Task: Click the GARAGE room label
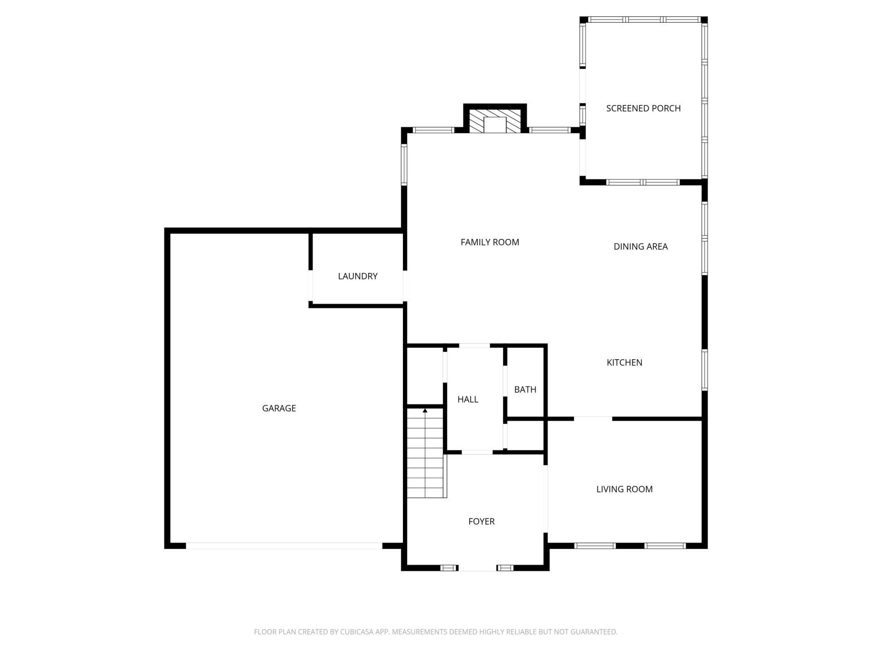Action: tap(279, 408)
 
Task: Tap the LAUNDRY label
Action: tap(357, 276)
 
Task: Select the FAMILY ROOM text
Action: tap(490, 242)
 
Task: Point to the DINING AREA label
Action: tap(640, 247)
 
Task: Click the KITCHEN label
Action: tap(624, 362)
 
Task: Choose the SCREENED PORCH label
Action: tap(643, 108)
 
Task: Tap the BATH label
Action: tap(525, 389)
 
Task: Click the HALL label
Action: tap(467, 399)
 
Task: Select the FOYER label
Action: tap(481, 521)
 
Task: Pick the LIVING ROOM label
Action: tap(624, 489)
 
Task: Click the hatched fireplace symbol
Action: tap(495, 120)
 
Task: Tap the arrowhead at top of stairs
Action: tap(425, 411)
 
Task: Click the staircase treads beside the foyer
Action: tap(425, 454)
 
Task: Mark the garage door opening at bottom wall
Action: tap(284, 545)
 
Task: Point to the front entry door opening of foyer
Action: tap(477, 568)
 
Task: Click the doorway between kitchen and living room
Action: tap(593, 418)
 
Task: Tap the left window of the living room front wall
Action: tap(595, 545)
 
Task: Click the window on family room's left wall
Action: tap(404, 164)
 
